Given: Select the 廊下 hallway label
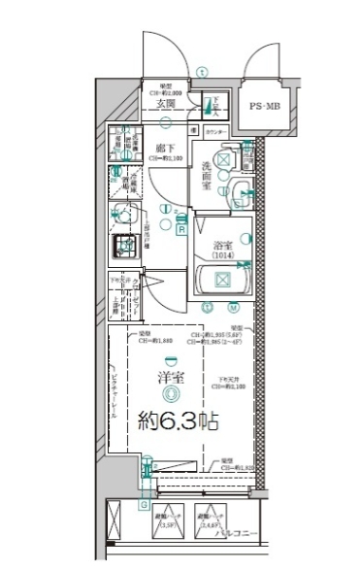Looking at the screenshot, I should coord(164,148).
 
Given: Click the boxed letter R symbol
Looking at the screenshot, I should coord(181,229).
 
